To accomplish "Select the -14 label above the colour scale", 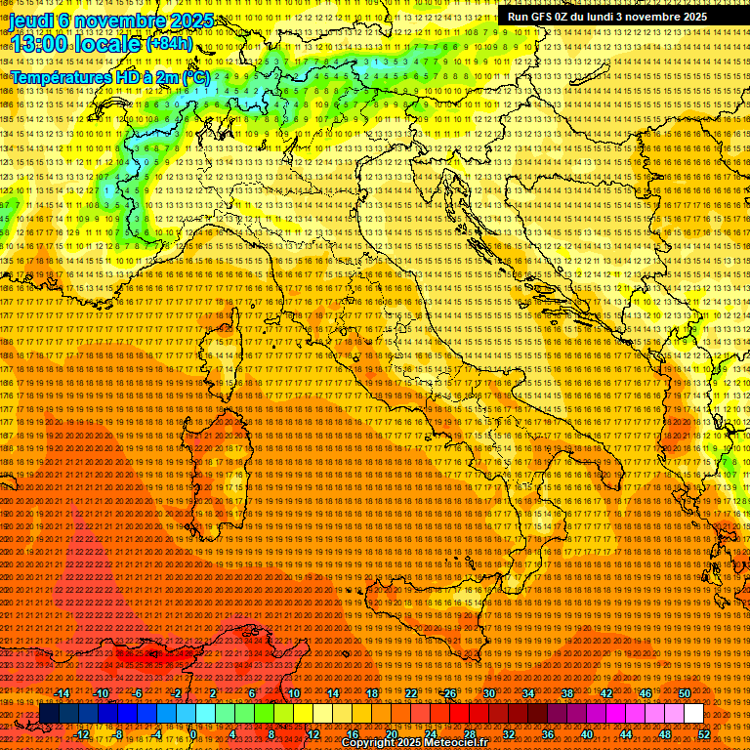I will pyautogui.click(x=62, y=693).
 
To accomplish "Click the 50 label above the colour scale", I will pyautogui.click(x=684, y=693).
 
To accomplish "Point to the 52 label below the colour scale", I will pyautogui.click(x=704, y=734).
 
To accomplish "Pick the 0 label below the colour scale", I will pyautogui.click(x=193, y=734).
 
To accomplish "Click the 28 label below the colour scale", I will pyautogui.click(x=469, y=734).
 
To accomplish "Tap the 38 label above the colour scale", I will pyautogui.click(x=566, y=693).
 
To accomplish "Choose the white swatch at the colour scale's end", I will pyautogui.click(x=693, y=714).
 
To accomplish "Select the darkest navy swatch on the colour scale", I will pyautogui.click(x=49, y=714).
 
